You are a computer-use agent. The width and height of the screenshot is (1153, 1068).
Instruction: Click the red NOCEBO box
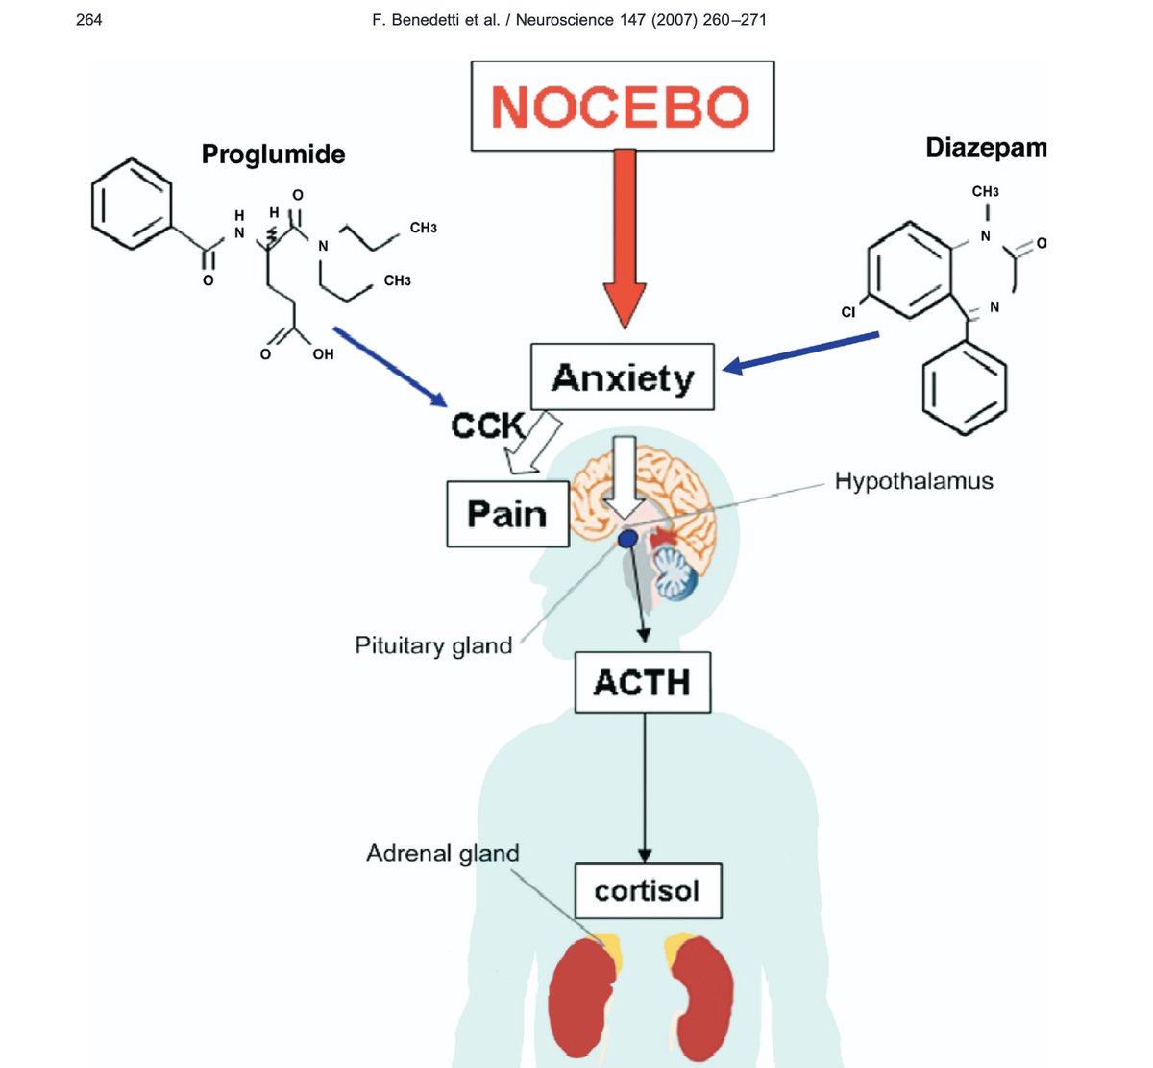pyautogui.click(x=622, y=106)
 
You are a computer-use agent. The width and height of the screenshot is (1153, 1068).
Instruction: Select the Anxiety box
pyautogui.click(x=623, y=377)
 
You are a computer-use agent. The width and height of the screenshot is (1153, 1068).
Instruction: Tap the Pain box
pyautogui.click(x=507, y=515)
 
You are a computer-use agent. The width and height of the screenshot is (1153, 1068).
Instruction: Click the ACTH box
pyautogui.click(x=642, y=683)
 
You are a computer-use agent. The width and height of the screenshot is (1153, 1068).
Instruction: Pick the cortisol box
pyautogui.click(x=647, y=891)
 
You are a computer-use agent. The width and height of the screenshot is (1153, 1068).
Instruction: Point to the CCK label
pyautogui.click(x=488, y=425)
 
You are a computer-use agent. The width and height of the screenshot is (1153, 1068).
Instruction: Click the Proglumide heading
pyautogui.click(x=273, y=155)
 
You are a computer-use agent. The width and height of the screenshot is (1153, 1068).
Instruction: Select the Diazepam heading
pyautogui.click(x=985, y=148)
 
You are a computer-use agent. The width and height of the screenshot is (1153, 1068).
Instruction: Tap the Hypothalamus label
pyautogui.click(x=913, y=481)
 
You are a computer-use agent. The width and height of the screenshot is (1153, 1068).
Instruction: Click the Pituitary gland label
pyautogui.click(x=433, y=645)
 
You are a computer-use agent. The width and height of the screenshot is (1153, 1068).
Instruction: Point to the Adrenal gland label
pyautogui.click(x=442, y=853)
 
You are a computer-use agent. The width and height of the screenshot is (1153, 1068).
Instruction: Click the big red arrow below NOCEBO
pyautogui.click(x=625, y=235)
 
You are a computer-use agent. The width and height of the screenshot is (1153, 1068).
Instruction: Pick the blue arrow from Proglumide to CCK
pyautogui.click(x=389, y=366)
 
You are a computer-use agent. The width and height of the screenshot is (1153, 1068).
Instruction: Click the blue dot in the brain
pyautogui.click(x=626, y=539)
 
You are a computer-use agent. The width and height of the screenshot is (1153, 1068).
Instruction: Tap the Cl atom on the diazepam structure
pyautogui.click(x=847, y=312)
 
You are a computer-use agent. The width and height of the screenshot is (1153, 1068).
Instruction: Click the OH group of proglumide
pyautogui.click(x=323, y=354)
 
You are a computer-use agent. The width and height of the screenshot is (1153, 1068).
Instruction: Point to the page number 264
pyautogui.click(x=88, y=19)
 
